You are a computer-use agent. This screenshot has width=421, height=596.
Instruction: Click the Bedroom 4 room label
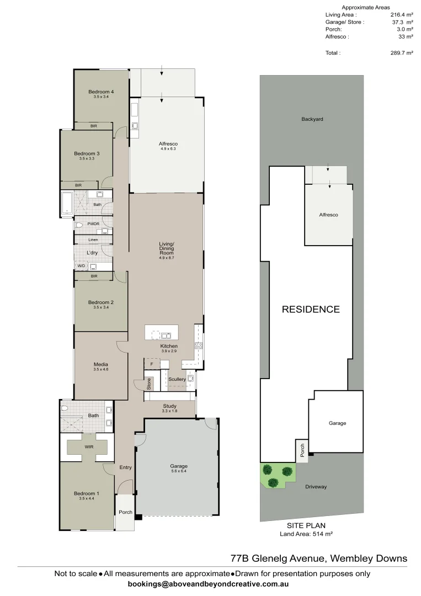tap(101, 92)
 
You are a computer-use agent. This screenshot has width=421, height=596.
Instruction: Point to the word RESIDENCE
tap(311, 310)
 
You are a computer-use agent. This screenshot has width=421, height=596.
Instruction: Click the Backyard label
tap(312, 119)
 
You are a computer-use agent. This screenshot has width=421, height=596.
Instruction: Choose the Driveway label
tap(316, 487)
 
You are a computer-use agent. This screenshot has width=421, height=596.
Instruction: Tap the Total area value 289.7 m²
tap(402, 54)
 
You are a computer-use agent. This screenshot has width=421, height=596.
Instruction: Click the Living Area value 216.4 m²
tap(402, 15)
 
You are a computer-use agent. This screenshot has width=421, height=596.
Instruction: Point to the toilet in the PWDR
tap(79, 226)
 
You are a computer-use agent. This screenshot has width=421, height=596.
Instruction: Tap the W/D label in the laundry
tap(82, 266)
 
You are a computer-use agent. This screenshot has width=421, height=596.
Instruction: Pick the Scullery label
tap(177, 379)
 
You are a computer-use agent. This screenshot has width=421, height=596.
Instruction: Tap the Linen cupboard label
tap(93, 240)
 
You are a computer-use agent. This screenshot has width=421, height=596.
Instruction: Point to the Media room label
tap(100, 364)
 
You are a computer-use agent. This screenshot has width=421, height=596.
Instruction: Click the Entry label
tap(126, 468)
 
